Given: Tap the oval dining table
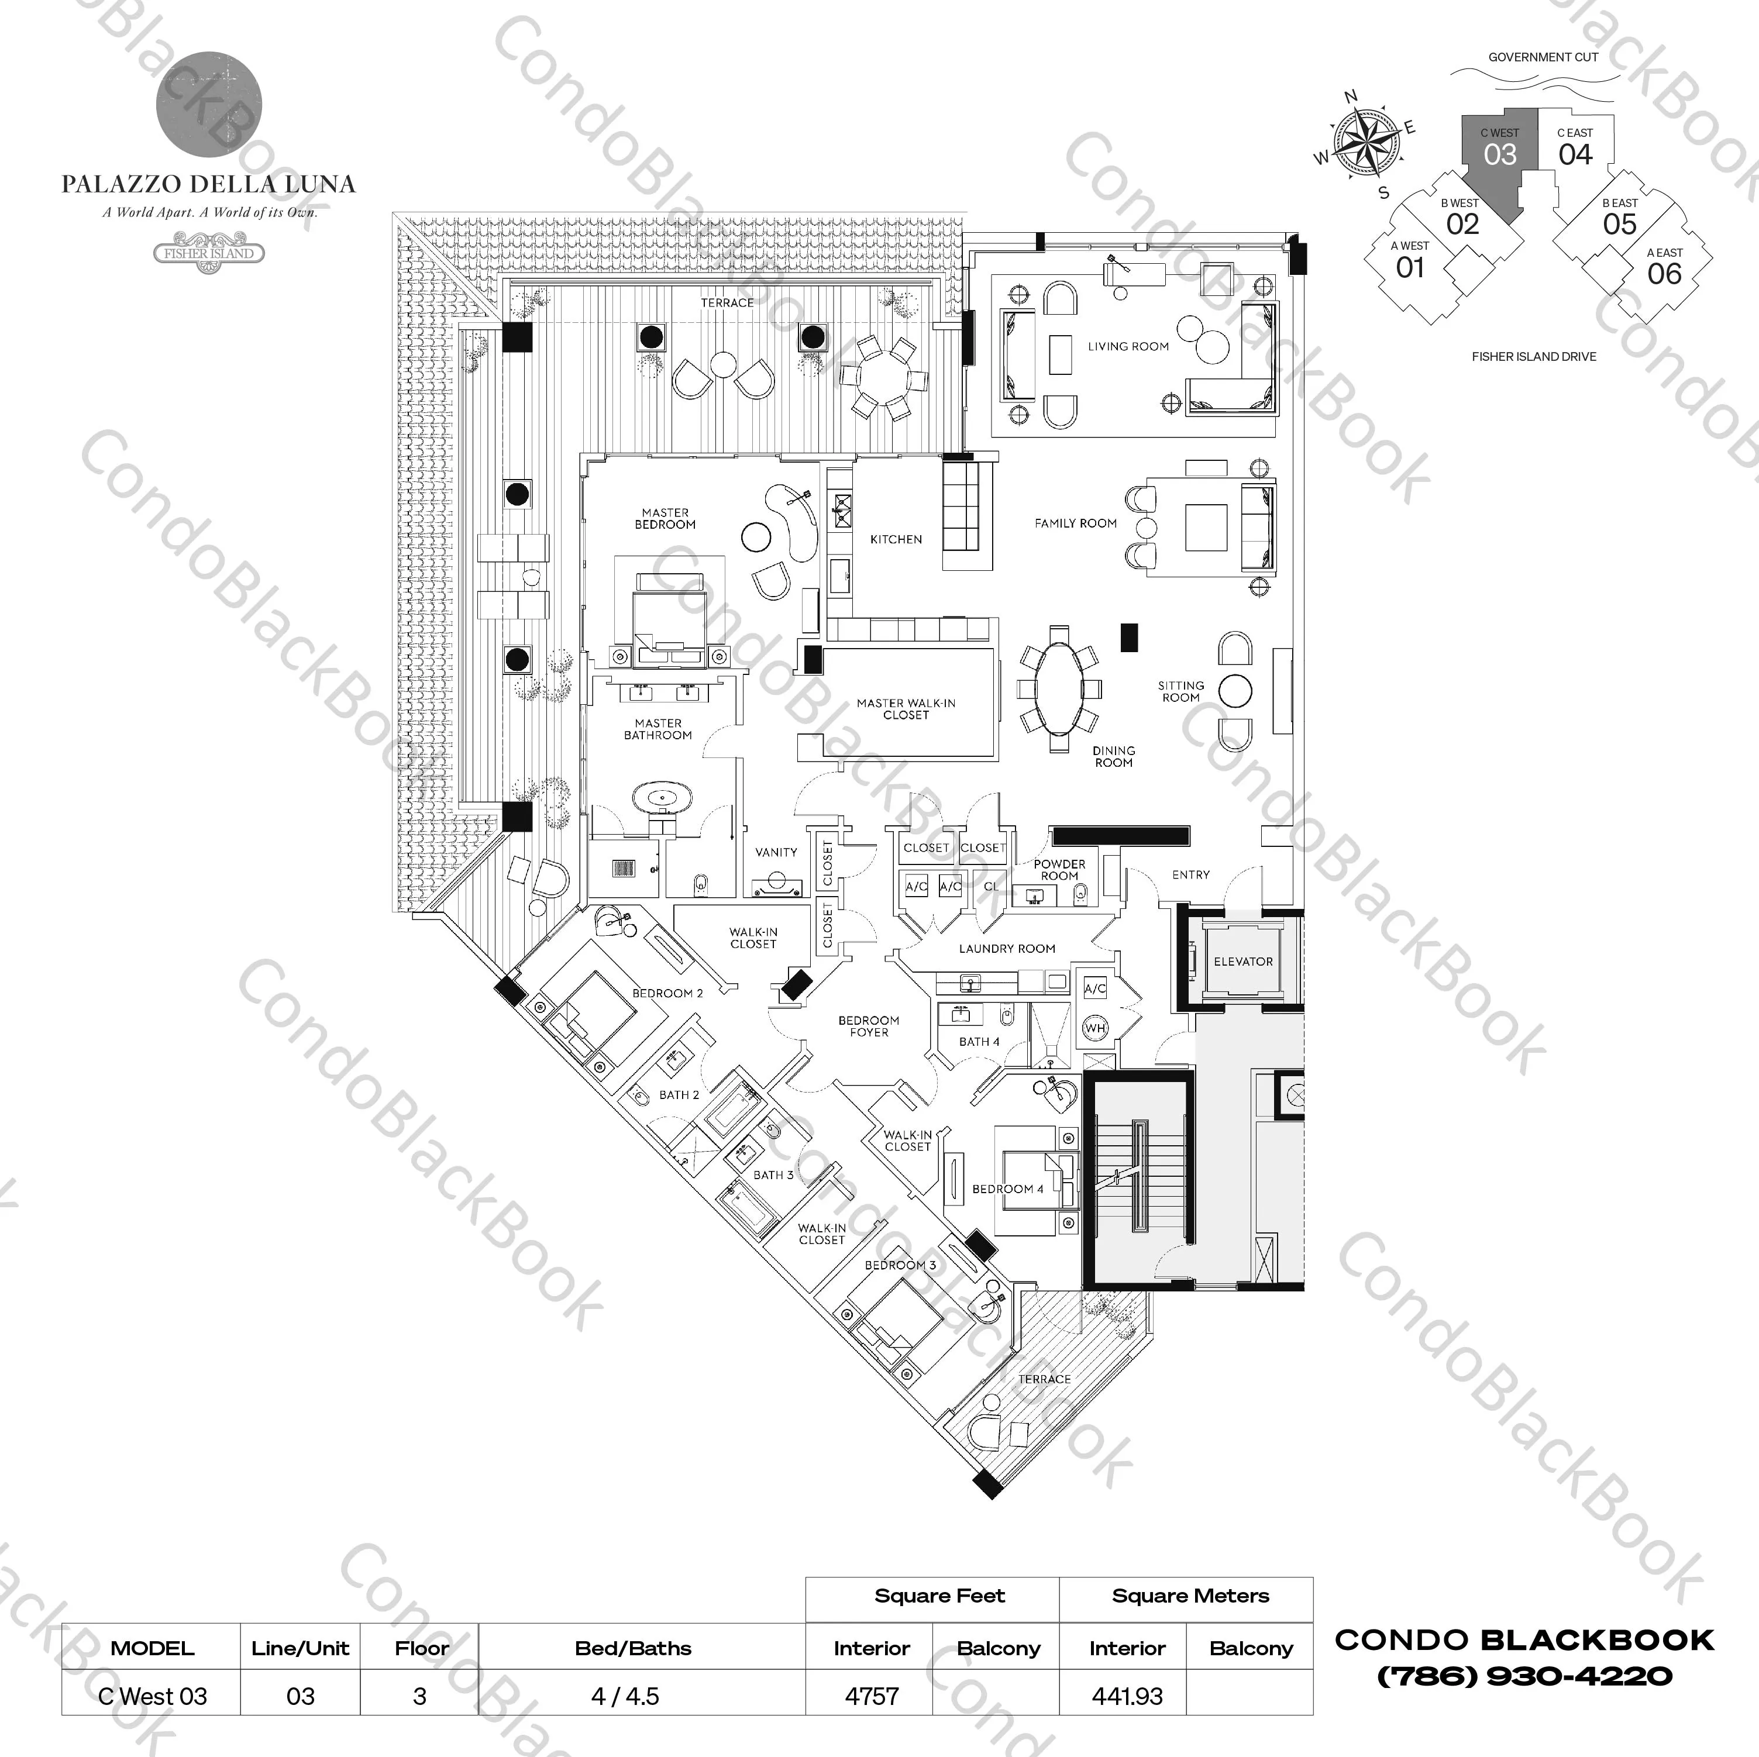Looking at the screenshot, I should tap(1059, 688).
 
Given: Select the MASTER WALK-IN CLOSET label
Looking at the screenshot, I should tap(906, 709).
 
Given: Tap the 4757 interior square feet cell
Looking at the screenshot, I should tap(871, 1696).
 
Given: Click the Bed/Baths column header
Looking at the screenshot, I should tap(633, 1648).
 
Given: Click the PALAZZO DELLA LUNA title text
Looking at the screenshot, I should tap(208, 185).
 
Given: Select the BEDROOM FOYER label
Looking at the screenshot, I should tap(869, 1026).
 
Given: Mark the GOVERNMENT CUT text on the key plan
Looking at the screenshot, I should tap(1543, 57).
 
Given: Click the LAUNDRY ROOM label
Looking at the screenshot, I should tap(1006, 949).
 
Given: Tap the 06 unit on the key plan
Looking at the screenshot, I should tap(1664, 273).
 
